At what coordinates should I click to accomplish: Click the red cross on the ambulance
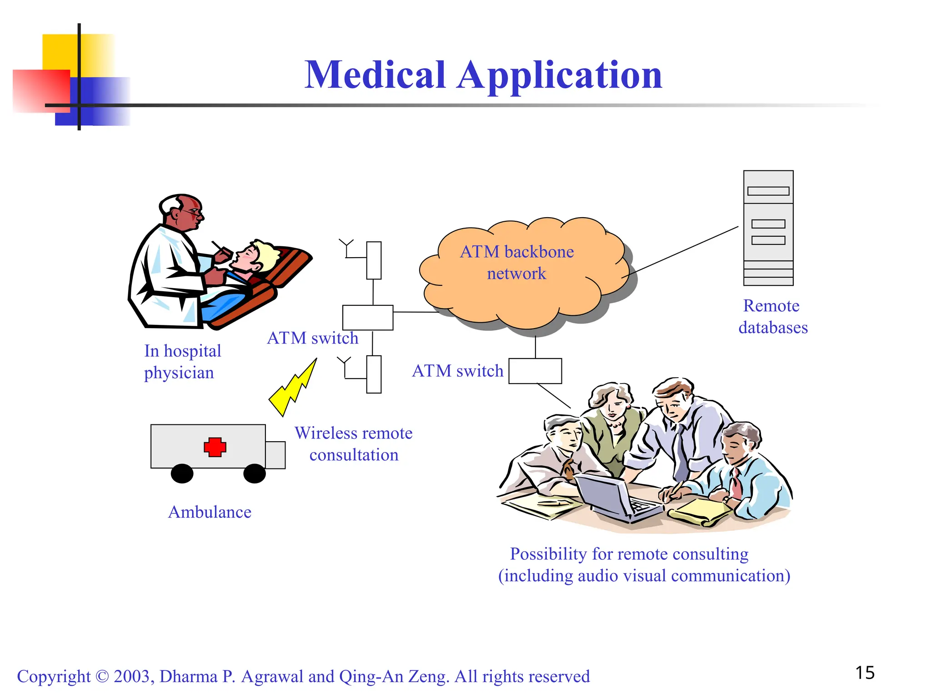pos(215,447)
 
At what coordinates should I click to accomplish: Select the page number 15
pos(865,673)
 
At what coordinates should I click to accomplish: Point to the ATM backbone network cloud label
pos(517,262)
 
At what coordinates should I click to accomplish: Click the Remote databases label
pos(772,317)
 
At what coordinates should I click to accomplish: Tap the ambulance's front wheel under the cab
pos(255,474)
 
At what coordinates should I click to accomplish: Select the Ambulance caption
pos(210,512)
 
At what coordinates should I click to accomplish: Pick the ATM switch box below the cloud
pos(535,371)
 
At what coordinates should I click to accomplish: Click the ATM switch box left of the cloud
pos(367,317)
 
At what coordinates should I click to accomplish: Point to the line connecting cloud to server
pos(682,251)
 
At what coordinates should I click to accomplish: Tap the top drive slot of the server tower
pos(768,191)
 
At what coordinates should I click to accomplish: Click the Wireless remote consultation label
pos(354,444)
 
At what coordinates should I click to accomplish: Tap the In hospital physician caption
pos(182,362)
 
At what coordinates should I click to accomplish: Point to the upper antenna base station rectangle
pos(374,260)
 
